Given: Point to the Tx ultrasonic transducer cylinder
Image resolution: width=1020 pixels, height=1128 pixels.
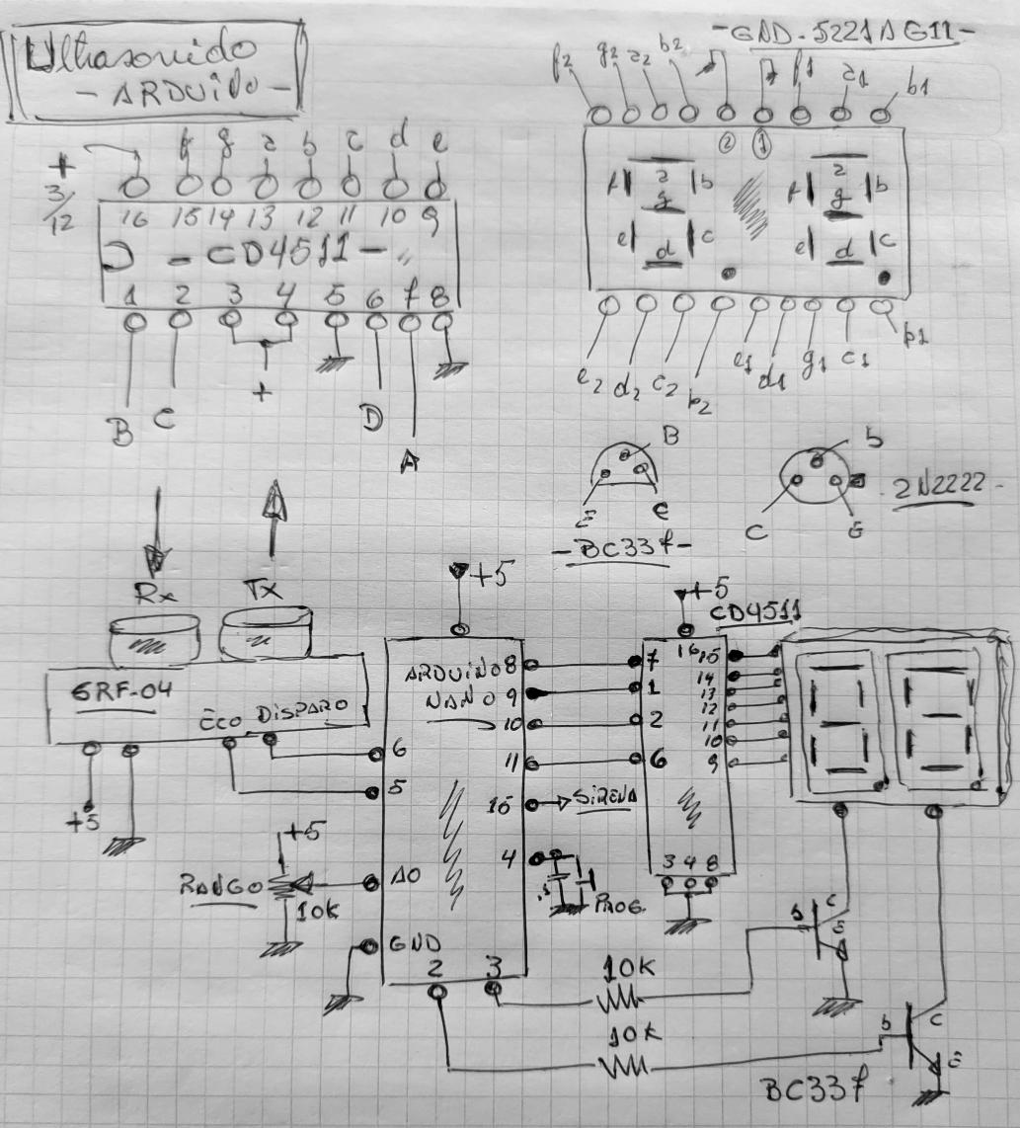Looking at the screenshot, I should point(266,632).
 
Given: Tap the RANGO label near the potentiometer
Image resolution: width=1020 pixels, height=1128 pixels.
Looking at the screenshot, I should point(218,884).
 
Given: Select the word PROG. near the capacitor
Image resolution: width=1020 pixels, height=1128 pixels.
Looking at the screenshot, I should point(621,904).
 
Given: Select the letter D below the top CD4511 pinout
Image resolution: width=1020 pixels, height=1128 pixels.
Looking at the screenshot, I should point(370,421).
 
